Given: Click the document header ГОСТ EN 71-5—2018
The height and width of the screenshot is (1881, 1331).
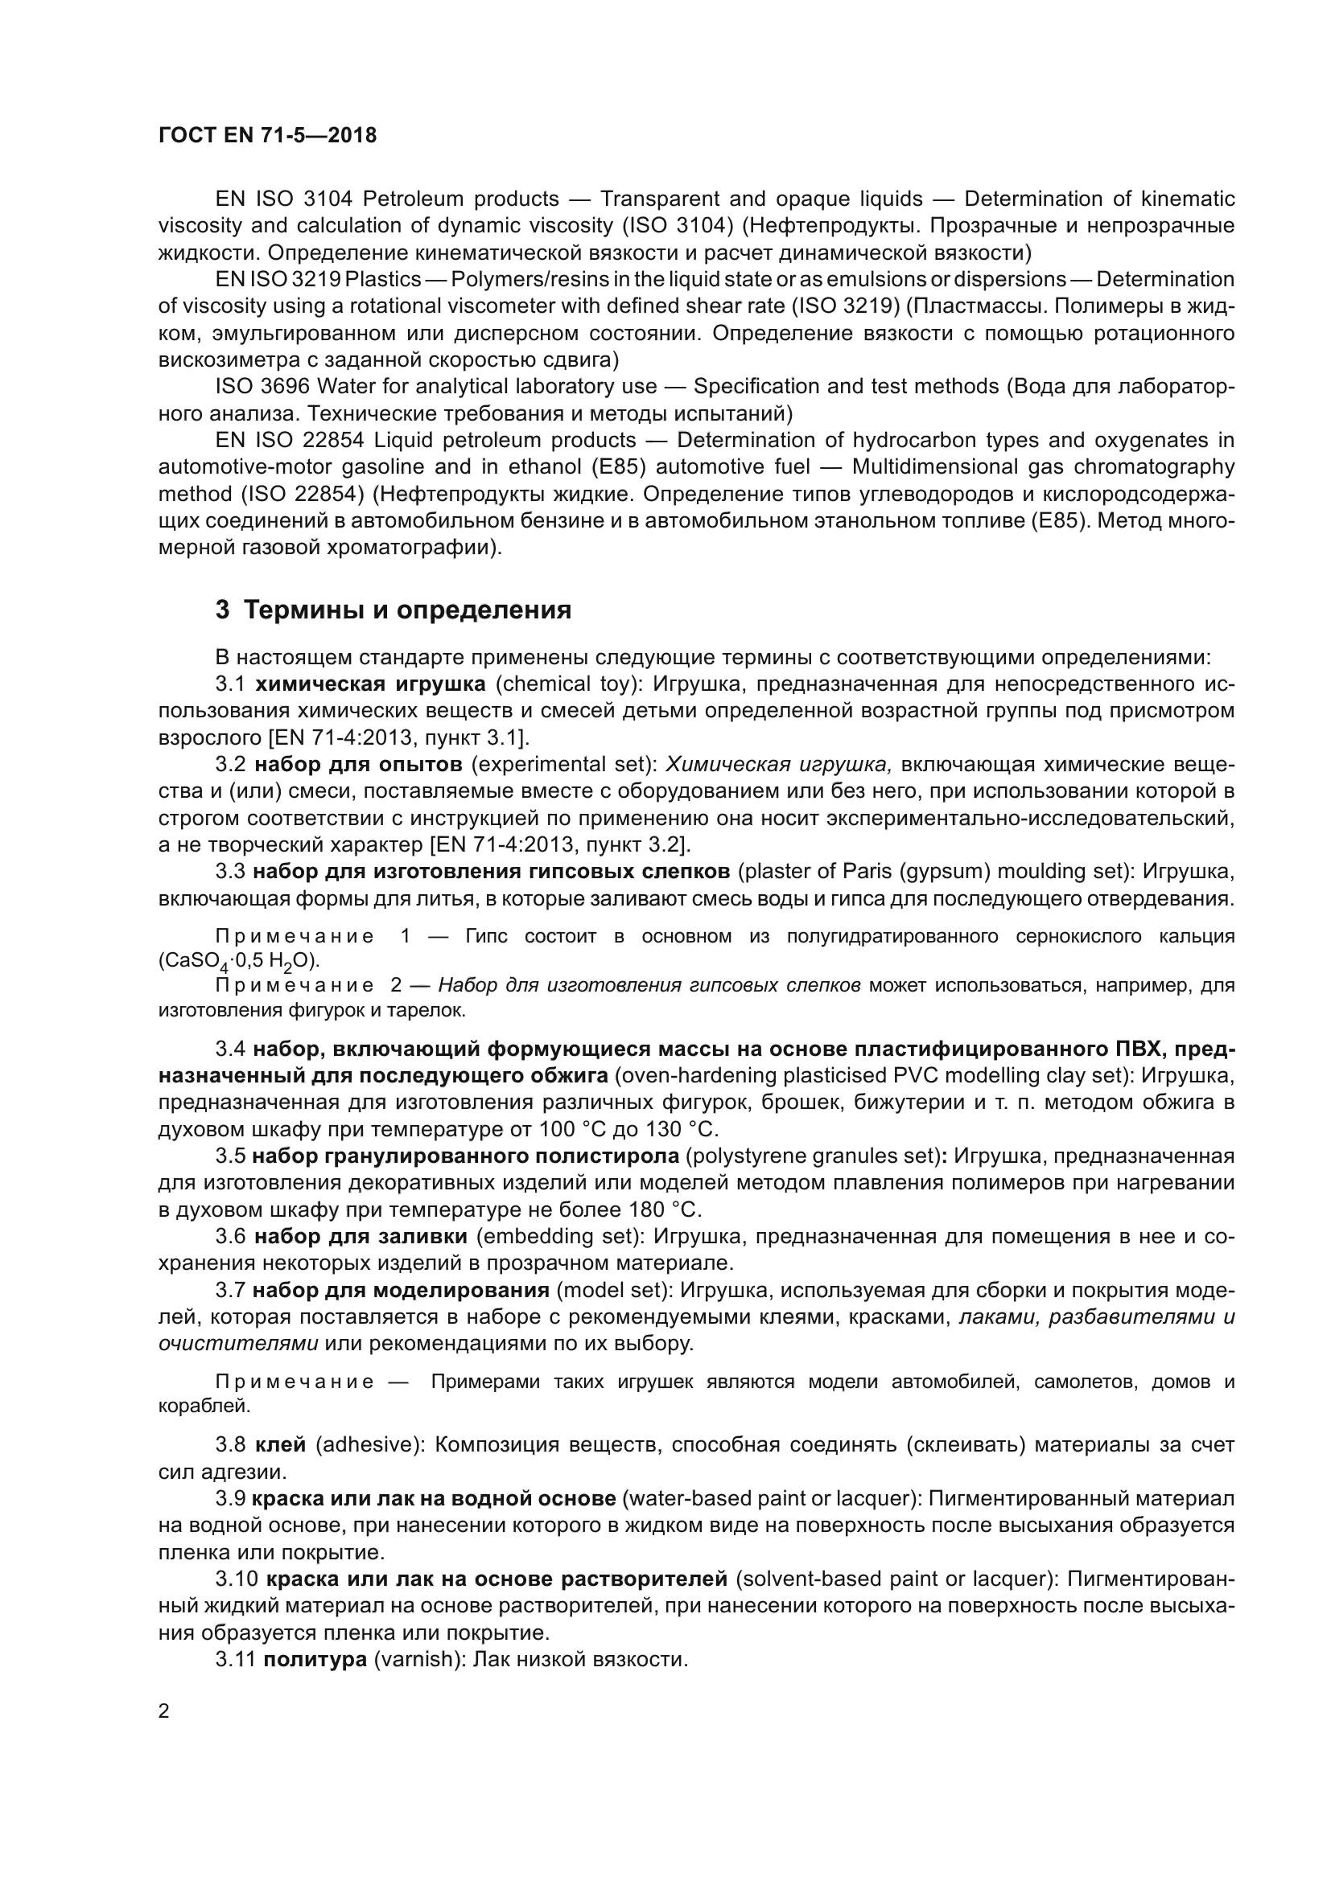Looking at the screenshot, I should tap(267, 135).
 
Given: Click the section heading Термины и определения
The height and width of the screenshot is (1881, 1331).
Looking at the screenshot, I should tap(394, 610).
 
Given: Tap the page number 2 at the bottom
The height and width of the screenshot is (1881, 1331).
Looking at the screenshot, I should tap(164, 1711).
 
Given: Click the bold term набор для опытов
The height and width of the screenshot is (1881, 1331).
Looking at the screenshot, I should tap(358, 764).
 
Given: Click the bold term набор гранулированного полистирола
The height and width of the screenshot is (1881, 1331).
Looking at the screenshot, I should tap(465, 1156).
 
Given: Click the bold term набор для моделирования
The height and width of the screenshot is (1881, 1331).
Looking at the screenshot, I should tap(401, 1290).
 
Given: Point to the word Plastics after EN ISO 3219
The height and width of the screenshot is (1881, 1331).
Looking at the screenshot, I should tap(383, 279).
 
